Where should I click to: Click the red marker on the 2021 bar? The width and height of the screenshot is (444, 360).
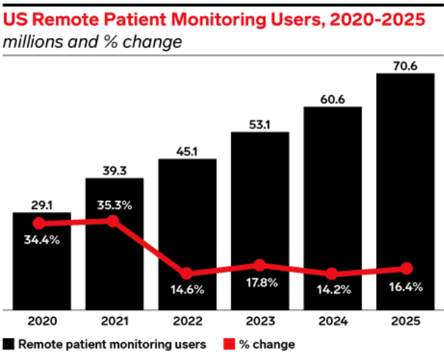pyautogui.click(x=113, y=221)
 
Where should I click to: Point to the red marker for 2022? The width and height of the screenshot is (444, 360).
pyautogui.click(x=186, y=274)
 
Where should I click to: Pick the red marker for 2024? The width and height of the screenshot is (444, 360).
pyautogui.click(x=332, y=274)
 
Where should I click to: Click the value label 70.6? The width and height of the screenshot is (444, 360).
pyautogui.click(x=405, y=65)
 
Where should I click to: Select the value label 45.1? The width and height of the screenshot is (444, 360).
pyautogui.click(x=186, y=151)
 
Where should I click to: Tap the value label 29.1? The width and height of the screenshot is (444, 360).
pyautogui.click(x=41, y=204)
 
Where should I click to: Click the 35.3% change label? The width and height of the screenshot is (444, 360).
pyautogui.click(x=114, y=205)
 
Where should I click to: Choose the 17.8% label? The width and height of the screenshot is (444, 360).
pyautogui.click(x=260, y=281)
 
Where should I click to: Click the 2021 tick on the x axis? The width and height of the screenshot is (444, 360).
pyautogui.click(x=114, y=321)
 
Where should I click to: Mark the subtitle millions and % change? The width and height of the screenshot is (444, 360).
pyautogui.click(x=92, y=43)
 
